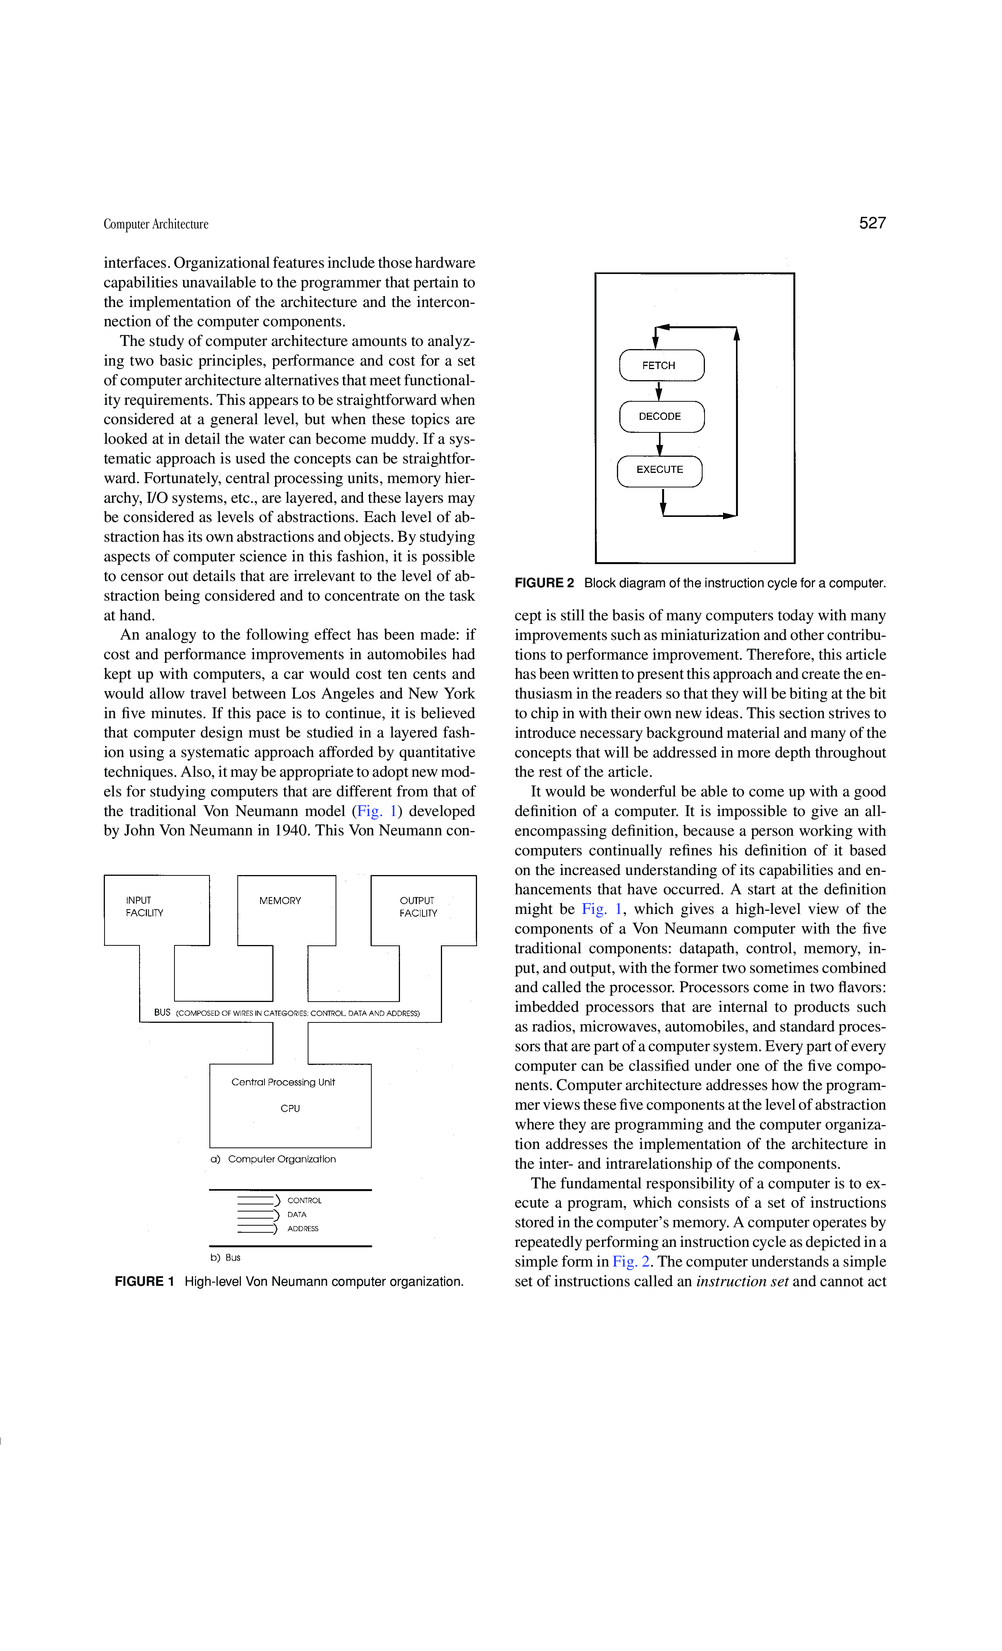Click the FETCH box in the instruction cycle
coord(661,365)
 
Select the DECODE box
coord(661,416)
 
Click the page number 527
coord(872,223)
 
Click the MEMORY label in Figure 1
coord(280,901)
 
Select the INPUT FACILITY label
coord(144,906)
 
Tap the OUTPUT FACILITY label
coord(418,906)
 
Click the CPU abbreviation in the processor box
coord(290,1108)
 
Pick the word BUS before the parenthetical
coord(162,1013)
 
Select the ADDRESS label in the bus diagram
coord(303,1229)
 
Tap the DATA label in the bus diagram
coord(297,1214)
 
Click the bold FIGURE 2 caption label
coord(544,583)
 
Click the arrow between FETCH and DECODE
coord(659,391)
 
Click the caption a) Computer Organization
coord(273,1159)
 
